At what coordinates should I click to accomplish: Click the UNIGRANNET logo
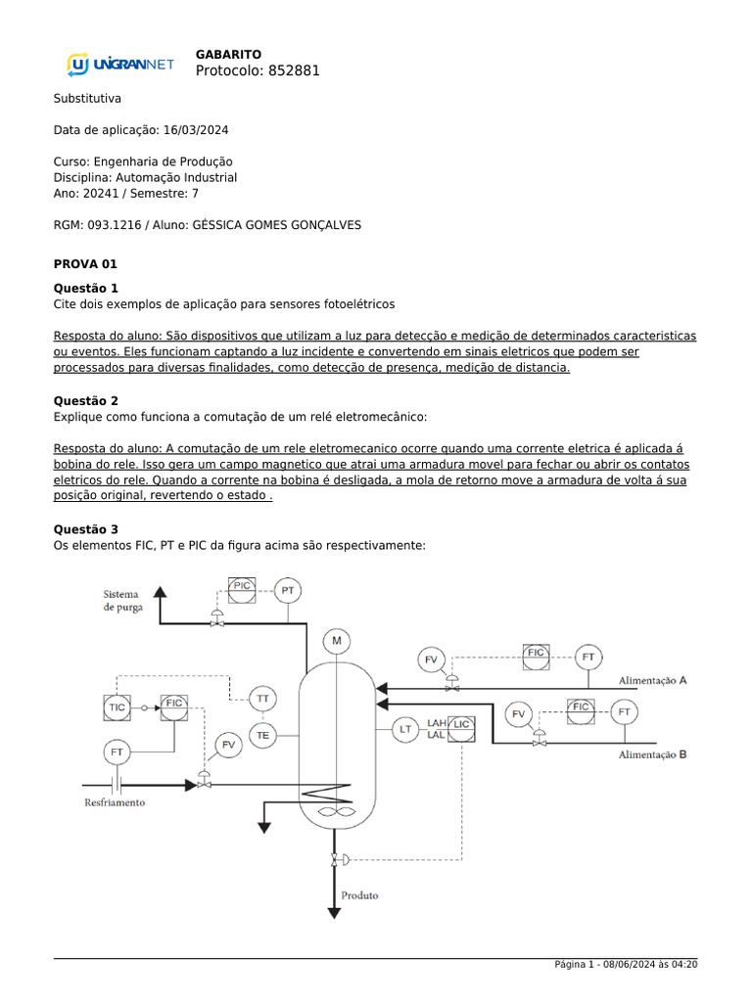pyautogui.click(x=120, y=65)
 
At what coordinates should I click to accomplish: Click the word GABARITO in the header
pyautogui.click(x=228, y=54)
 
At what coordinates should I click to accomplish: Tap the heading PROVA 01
pyautogui.click(x=85, y=264)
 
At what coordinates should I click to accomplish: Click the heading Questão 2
pyautogui.click(x=85, y=401)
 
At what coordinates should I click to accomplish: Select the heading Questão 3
pyautogui.click(x=85, y=529)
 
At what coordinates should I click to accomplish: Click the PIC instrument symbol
pyautogui.click(x=241, y=587)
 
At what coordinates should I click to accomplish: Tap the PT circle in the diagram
pyautogui.click(x=287, y=590)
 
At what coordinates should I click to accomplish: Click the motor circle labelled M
pyautogui.click(x=337, y=641)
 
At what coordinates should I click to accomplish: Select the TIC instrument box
pyautogui.click(x=117, y=706)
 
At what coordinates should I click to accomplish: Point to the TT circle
pyautogui.click(x=262, y=698)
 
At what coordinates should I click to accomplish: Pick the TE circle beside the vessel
pyautogui.click(x=262, y=734)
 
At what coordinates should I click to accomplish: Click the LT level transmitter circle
pyautogui.click(x=404, y=729)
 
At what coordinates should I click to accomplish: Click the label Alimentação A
pyautogui.click(x=652, y=680)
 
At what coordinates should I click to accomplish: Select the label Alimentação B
pyautogui.click(x=652, y=754)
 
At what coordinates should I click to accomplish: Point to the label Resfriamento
pyautogui.click(x=114, y=802)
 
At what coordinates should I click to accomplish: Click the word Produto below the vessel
pyautogui.click(x=359, y=894)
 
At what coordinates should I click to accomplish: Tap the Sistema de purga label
pyautogui.click(x=123, y=600)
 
